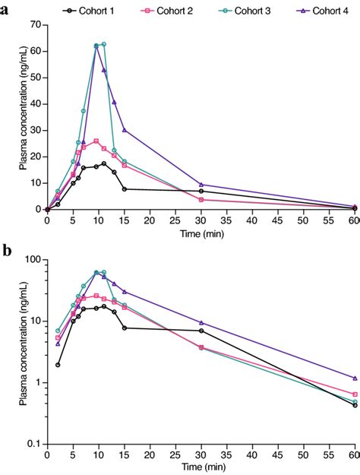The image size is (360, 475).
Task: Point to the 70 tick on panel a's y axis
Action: coord(36,25)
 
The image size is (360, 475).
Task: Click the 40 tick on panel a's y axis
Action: coord(36,104)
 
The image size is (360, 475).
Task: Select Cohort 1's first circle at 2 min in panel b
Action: coord(58,365)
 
